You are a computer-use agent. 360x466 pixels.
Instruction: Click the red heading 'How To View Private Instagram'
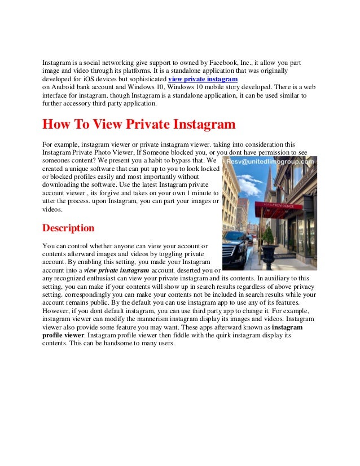pos(139,124)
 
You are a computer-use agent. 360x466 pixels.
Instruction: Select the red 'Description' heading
pos(68,228)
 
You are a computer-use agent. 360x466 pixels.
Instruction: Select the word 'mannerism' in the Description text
pos(148,318)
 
